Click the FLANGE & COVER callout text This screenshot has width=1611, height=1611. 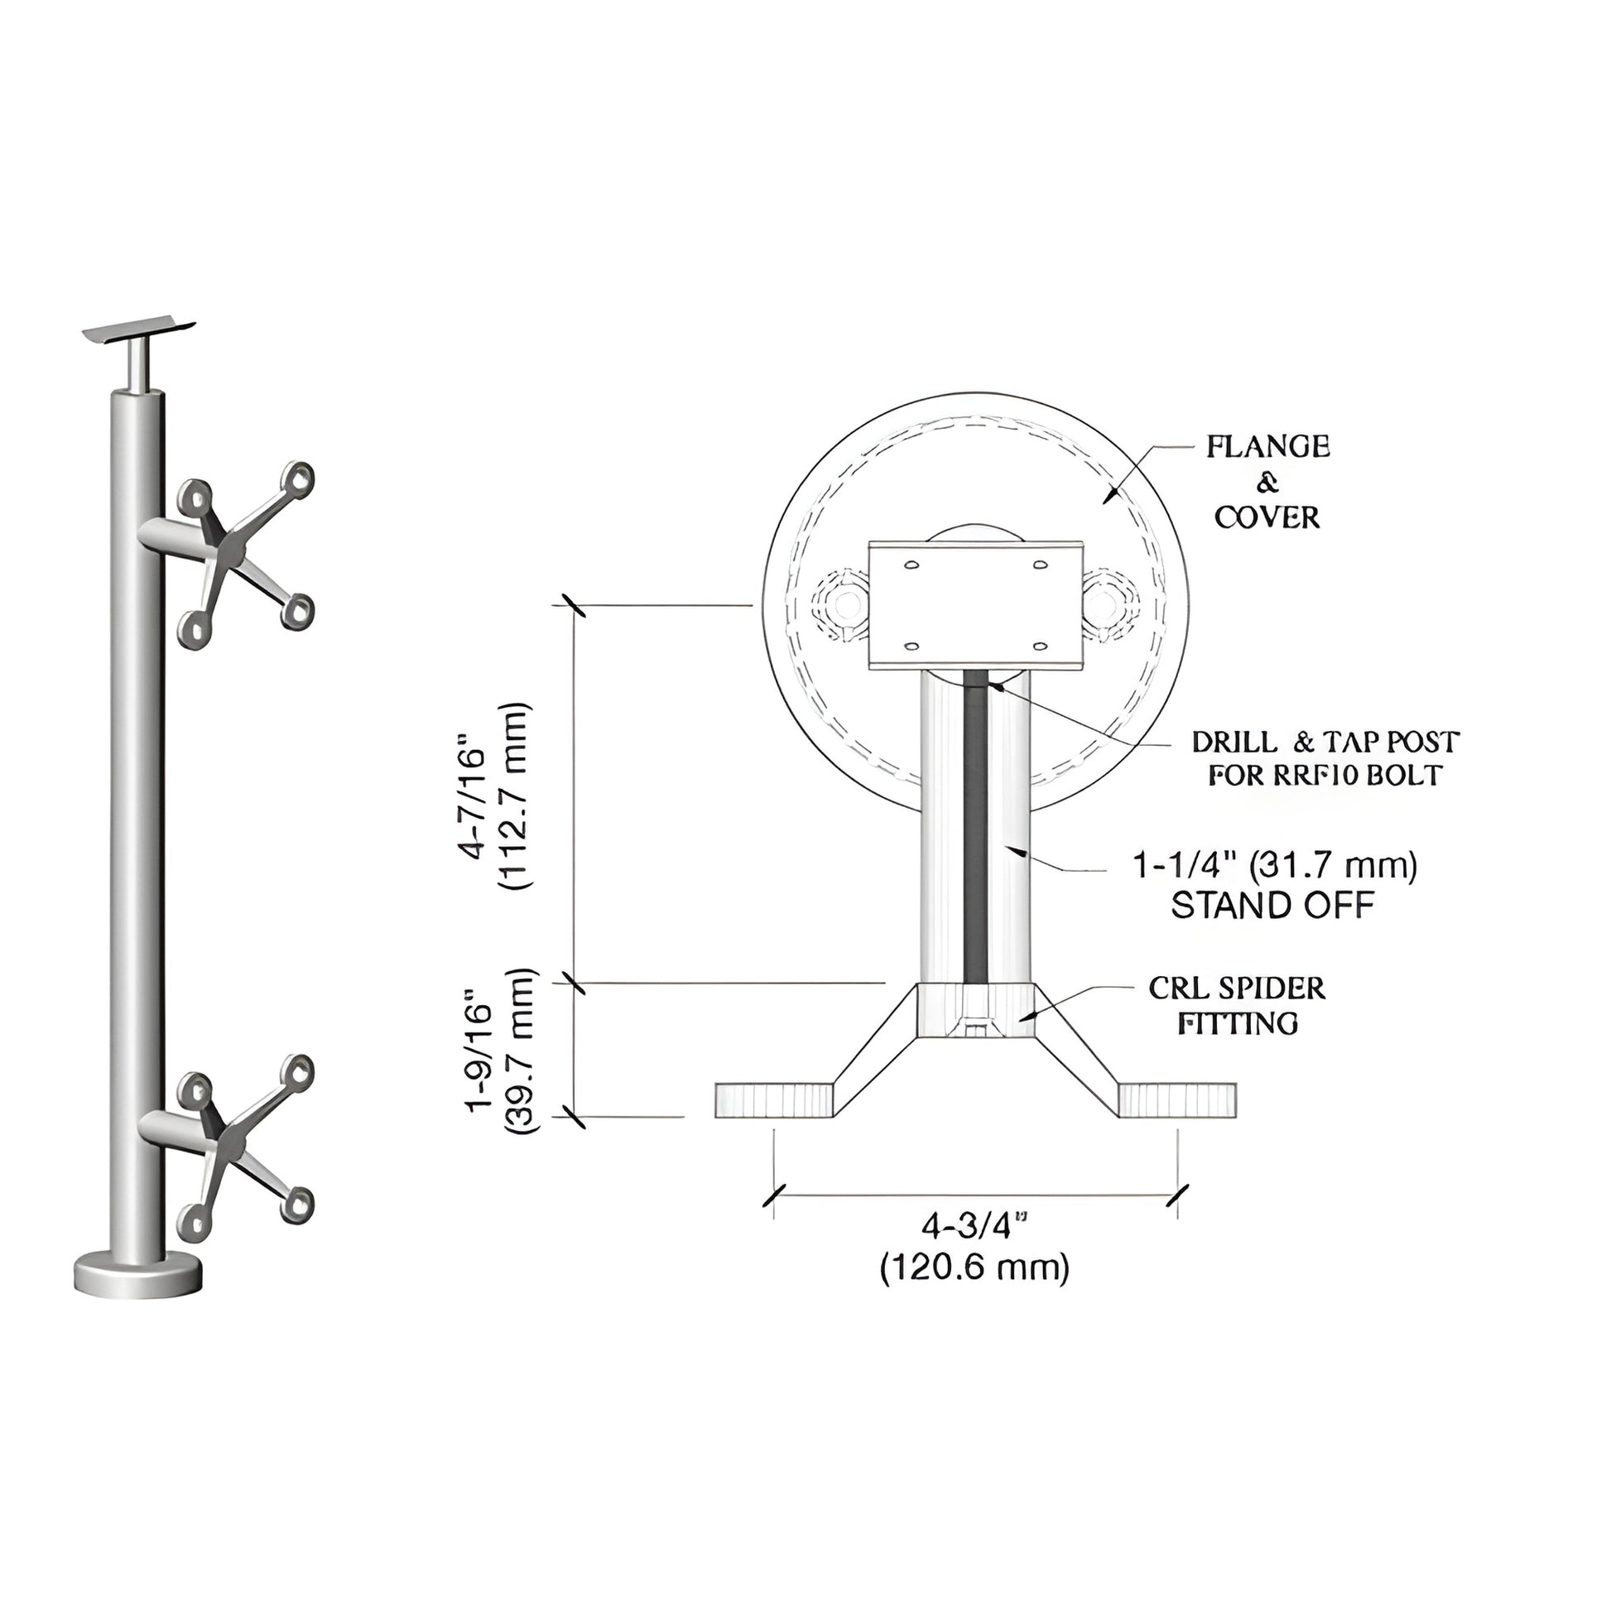pyautogui.click(x=1267, y=482)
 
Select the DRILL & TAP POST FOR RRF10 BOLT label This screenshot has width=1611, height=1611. pyautogui.click(x=1325, y=759)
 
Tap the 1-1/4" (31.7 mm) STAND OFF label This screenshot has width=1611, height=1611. pyautogui.click(x=1274, y=885)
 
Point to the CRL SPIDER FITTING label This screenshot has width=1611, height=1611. pyautogui.click(x=1237, y=1006)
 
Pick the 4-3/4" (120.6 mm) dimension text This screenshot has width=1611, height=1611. pyautogui.click(x=974, y=1248)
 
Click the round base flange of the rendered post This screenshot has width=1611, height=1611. pyautogui.click(x=137, y=1275)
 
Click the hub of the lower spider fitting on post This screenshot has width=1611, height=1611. pyautogui.click(x=230, y=1141)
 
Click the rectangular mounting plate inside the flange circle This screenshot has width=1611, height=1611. pyautogui.click(x=975, y=605)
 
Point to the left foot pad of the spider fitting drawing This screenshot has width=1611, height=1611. pyautogui.click(x=774, y=1100)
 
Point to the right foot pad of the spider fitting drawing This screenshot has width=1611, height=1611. pyautogui.click(x=1177, y=1100)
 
